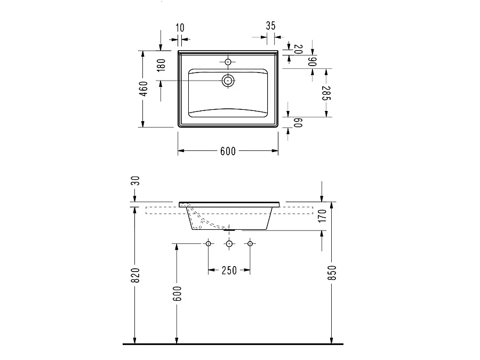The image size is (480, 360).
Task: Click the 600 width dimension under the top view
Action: (x=228, y=151)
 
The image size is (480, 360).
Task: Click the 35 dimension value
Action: (x=270, y=26)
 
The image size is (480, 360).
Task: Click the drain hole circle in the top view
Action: (x=228, y=81)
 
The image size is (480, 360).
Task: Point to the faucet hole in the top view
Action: (x=228, y=62)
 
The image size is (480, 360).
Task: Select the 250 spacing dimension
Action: (x=229, y=270)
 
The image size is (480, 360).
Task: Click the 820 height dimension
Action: (x=135, y=276)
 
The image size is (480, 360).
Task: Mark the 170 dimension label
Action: (x=322, y=217)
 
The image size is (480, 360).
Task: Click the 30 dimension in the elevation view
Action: (x=135, y=181)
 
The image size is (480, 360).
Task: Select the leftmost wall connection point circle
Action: (x=209, y=244)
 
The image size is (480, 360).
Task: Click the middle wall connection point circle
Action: (x=229, y=244)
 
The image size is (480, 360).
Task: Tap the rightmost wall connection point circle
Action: (x=249, y=244)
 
